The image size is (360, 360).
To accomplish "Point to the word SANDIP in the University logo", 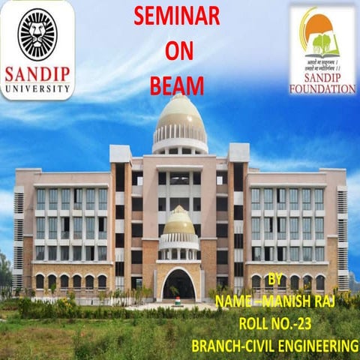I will [x=37, y=76].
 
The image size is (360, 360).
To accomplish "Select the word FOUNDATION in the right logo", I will [x=322, y=89].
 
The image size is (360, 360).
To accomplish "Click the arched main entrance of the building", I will [x=179, y=284].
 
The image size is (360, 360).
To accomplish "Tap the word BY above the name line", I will [x=275, y=280].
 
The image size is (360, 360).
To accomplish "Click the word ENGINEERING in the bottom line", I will [x=316, y=346].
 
